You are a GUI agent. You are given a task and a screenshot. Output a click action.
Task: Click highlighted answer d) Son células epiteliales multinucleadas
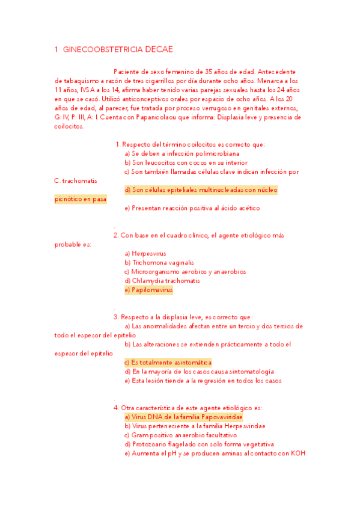coord(201,190)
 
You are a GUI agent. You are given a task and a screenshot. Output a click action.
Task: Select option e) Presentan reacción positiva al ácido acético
coord(192,208)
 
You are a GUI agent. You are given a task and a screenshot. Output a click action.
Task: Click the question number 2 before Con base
coord(116,235)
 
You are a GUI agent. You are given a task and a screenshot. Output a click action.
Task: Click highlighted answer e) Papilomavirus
coord(148,290)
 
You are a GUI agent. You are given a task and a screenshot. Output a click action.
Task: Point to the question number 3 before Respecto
coord(116,317)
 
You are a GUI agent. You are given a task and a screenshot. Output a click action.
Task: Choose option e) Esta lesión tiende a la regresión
coord(203,381)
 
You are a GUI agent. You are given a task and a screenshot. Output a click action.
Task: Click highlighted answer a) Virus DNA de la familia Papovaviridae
coord(183,417)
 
